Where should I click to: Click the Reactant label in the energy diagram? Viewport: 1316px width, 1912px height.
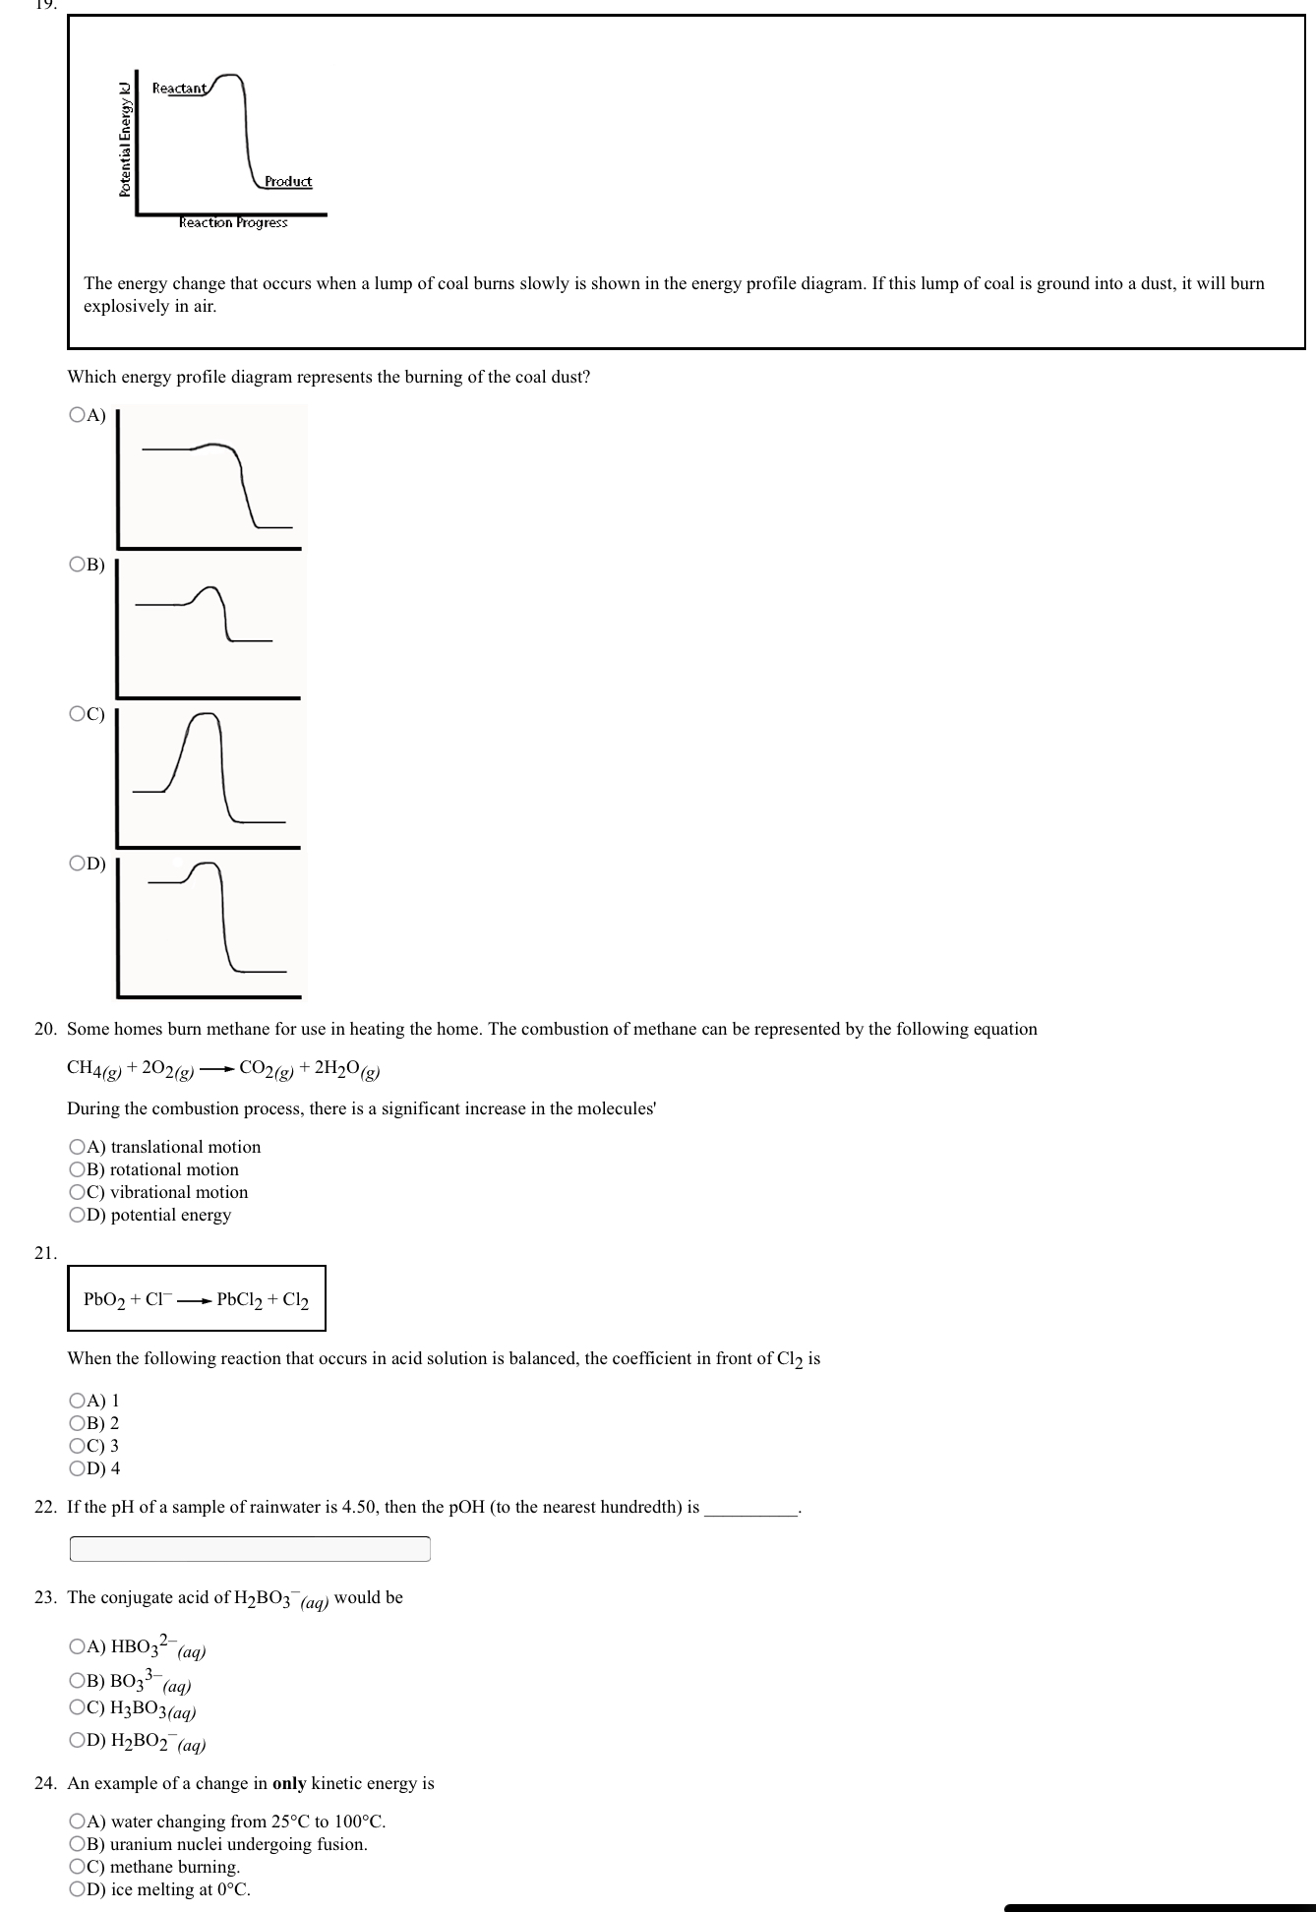[x=179, y=89]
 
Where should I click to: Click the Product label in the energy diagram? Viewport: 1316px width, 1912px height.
[x=288, y=181]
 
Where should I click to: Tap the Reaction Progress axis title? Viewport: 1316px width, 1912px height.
[x=233, y=222]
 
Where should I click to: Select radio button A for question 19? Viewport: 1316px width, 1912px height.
[x=78, y=415]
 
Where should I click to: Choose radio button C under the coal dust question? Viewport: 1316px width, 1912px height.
[x=78, y=715]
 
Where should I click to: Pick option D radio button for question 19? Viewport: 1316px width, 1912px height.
[x=78, y=864]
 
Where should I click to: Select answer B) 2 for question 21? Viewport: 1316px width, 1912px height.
[x=78, y=1423]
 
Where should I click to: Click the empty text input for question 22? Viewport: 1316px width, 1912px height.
[x=250, y=1549]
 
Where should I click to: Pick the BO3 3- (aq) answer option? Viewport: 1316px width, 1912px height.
[x=78, y=1680]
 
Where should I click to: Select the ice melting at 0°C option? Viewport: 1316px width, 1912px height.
[x=78, y=1889]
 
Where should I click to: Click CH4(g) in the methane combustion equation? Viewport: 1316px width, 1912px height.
[x=93, y=1069]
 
